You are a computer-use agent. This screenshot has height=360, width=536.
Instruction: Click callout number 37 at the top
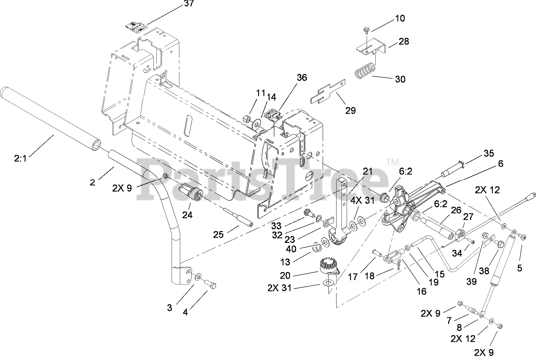[x=189, y=3]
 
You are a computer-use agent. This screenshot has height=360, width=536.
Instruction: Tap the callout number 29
[x=351, y=111]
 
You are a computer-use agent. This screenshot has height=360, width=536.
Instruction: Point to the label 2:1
[x=20, y=158]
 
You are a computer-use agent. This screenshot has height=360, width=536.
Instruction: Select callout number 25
[x=218, y=235]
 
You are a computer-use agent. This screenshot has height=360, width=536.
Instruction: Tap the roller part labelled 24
[x=191, y=192]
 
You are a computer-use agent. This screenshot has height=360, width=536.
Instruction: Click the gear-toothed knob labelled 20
[x=330, y=265]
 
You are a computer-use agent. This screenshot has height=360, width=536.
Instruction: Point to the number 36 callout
[x=302, y=77]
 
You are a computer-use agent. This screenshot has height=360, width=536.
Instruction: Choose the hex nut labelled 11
[x=246, y=118]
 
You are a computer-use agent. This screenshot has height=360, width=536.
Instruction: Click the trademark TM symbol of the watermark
[x=392, y=162]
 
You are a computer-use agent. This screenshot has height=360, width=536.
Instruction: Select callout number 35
[x=489, y=153]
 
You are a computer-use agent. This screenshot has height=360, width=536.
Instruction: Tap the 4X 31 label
[x=363, y=200]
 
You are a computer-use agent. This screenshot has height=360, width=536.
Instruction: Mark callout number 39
[x=472, y=282]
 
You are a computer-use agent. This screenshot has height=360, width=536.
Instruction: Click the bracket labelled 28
[x=371, y=46]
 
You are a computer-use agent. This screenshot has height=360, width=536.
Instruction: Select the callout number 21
[x=367, y=171]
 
